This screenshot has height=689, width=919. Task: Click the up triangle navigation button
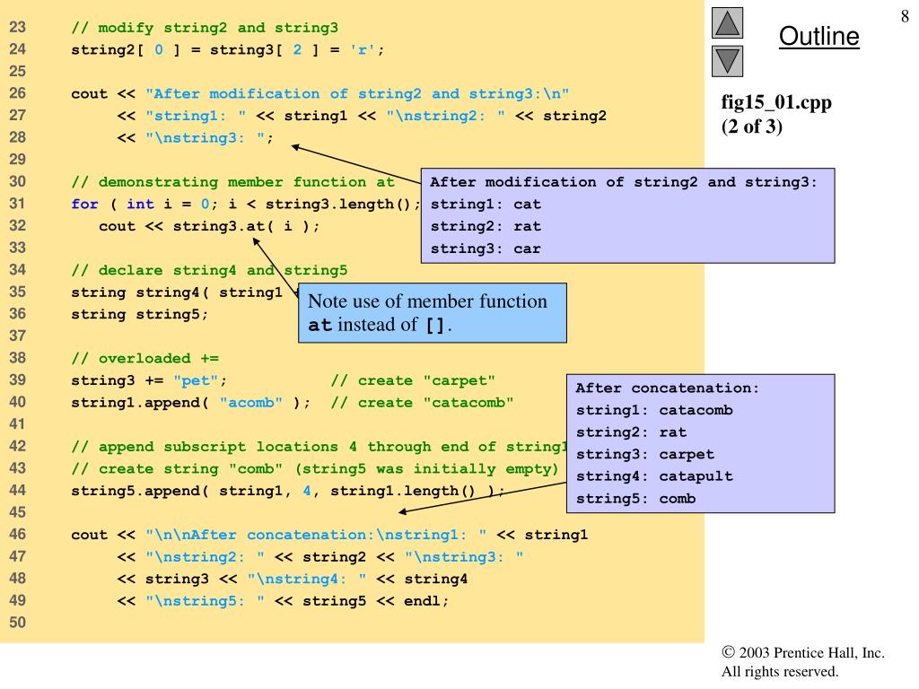tap(727, 22)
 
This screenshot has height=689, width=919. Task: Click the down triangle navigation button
tap(727, 61)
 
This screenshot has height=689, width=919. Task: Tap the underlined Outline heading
tap(818, 36)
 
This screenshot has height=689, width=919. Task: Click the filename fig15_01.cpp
tap(776, 102)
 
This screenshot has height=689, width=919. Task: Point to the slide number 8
tap(905, 16)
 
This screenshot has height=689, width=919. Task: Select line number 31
tap(18, 204)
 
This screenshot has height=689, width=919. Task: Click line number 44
tap(18, 491)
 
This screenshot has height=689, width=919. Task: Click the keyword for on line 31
tap(84, 204)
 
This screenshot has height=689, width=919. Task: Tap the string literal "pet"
tap(196, 380)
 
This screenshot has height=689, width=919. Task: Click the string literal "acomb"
tap(251, 403)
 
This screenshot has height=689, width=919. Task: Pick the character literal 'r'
tap(363, 50)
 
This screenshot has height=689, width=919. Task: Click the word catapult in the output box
tap(696, 476)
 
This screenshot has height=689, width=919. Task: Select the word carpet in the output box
tap(687, 454)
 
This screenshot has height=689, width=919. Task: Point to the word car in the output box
tap(527, 249)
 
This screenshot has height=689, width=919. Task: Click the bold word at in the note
tap(320, 325)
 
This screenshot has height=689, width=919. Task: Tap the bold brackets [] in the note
tap(435, 325)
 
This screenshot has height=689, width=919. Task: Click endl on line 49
tap(422, 601)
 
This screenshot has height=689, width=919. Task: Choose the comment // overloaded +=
tap(144, 359)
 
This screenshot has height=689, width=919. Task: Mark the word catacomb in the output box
tap(696, 410)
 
